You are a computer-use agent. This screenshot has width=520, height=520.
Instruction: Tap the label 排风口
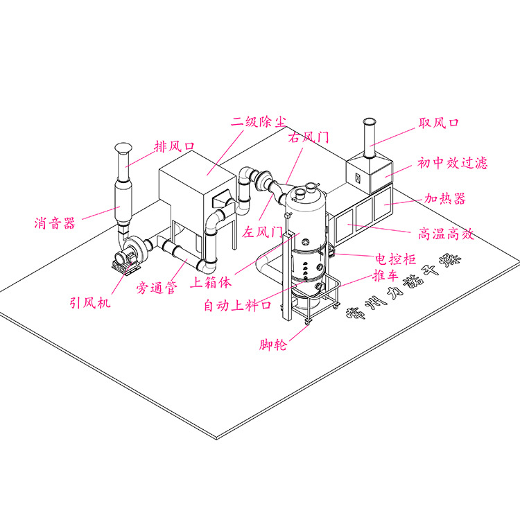click(173, 146)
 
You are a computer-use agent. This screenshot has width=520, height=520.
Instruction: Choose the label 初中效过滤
click(452, 163)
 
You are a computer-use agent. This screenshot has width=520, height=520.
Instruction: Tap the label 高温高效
click(446, 234)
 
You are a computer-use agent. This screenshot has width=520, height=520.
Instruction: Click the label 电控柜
click(395, 259)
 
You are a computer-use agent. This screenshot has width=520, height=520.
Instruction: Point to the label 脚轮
click(272, 345)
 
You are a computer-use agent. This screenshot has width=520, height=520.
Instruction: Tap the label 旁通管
click(155, 286)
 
